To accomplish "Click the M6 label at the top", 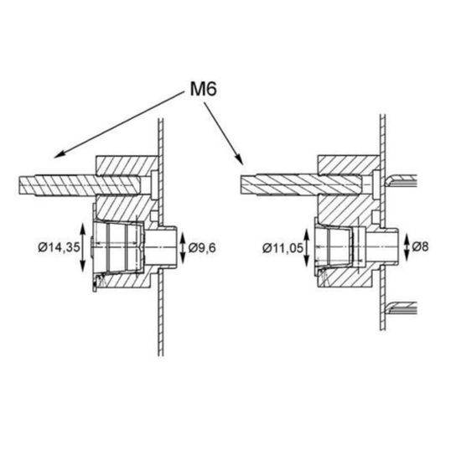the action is pyautogui.click(x=204, y=89).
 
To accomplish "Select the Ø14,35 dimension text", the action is pyautogui.click(x=59, y=247).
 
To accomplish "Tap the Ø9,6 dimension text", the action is pyautogui.click(x=202, y=248).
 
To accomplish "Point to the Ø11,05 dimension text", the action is pyautogui.click(x=282, y=248).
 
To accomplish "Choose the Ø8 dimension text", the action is pyautogui.click(x=421, y=246).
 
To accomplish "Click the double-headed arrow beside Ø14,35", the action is pyautogui.click(x=83, y=247).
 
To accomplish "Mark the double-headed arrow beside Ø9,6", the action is pyautogui.click(x=183, y=247).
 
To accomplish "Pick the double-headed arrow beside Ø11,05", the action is pyautogui.click(x=306, y=248).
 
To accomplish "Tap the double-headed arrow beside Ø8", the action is pyautogui.click(x=407, y=247).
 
